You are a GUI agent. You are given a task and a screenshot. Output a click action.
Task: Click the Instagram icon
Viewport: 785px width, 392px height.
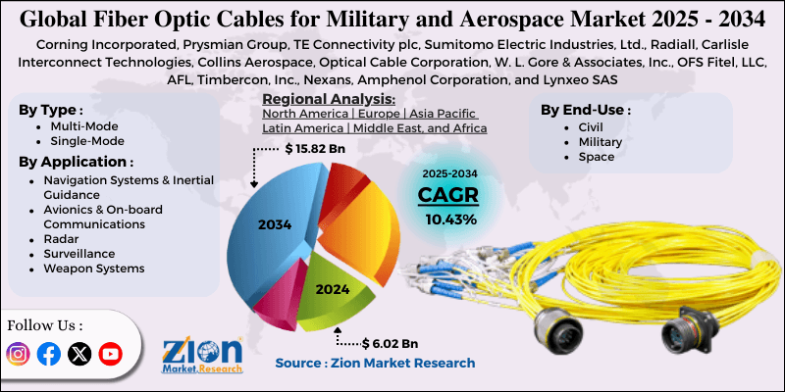[x=19, y=354]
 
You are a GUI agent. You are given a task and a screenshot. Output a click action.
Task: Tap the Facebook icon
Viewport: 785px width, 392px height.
[x=49, y=354]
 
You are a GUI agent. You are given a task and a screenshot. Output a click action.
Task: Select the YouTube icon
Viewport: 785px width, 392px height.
[x=110, y=354]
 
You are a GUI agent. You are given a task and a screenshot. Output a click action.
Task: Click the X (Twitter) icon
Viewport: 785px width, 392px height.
[x=79, y=354]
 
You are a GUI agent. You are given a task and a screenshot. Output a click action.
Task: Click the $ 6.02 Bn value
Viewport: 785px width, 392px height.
[x=391, y=343]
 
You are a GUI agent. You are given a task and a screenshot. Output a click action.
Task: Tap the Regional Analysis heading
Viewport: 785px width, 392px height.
[x=329, y=99]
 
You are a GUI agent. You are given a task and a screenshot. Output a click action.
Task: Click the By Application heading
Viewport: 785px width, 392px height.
[x=76, y=162]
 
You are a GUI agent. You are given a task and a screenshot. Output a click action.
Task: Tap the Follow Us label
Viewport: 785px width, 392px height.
[x=45, y=324]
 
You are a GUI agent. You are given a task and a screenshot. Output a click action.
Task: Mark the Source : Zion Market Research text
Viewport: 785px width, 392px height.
[x=375, y=363]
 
